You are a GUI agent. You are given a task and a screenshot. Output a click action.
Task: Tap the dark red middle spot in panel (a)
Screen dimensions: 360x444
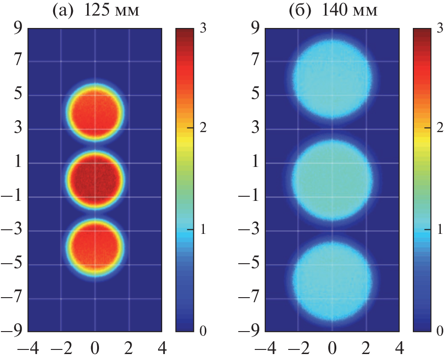coord(95,179)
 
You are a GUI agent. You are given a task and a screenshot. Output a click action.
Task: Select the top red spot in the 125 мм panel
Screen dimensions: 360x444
coord(95,112)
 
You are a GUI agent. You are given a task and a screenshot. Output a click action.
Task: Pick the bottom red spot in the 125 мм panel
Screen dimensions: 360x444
coord(95,248)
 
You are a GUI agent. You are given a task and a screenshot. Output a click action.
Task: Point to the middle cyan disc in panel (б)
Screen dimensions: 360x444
coord(333,180)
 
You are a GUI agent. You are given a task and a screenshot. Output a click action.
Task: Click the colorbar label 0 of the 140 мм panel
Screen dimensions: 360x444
coord(440,331)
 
